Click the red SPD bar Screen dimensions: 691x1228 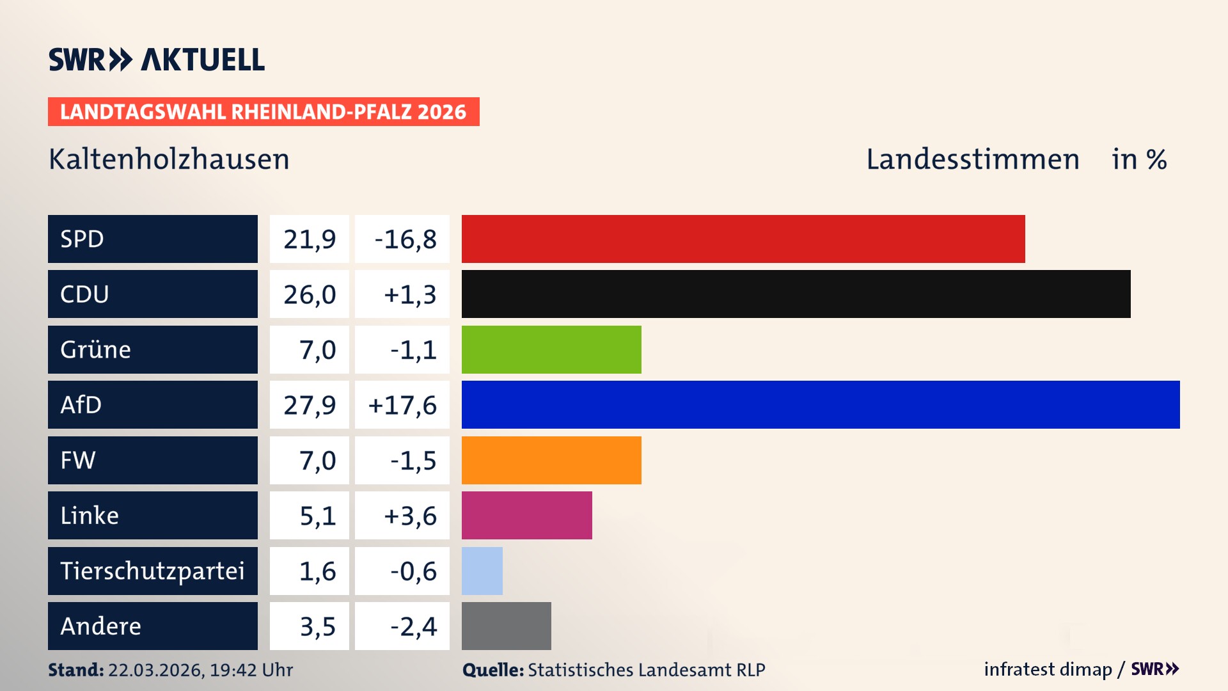pos(743,239)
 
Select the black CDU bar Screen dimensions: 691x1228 pos(796,294)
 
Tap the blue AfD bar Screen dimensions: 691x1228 pos(821,404)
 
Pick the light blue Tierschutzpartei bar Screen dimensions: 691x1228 pos(482,571)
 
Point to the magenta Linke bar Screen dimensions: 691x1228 pos(526,515)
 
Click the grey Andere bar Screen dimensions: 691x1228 pos(506,626)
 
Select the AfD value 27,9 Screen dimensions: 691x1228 pos(310,405)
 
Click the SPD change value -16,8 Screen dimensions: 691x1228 pos(405,239)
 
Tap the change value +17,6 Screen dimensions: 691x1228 pos(402,405)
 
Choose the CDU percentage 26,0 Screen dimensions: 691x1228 pos(310,294)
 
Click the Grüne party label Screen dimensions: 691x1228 pos(96,349)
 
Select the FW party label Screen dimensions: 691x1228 pos(78,460)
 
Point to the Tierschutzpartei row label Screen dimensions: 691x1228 pos(152,571)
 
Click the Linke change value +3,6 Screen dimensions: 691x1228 pos(409,516)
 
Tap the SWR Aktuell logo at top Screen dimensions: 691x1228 pos(157,60)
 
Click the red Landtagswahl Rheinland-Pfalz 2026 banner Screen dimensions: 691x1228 pos(264,112)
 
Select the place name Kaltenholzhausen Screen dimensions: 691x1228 pos(169,159)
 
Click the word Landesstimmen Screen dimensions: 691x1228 pos(972,159)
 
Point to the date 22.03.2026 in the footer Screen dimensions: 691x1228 pos(155,670)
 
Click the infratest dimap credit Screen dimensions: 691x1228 pos(1048,669)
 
